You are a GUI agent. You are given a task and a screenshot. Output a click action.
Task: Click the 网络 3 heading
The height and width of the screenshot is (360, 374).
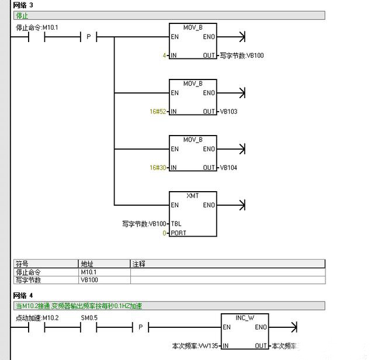(x=24, y=5)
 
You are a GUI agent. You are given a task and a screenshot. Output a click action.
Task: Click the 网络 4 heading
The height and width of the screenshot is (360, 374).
(x=24, y=296)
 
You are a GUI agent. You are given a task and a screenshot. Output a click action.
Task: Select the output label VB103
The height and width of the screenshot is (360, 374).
(x=228, y=112)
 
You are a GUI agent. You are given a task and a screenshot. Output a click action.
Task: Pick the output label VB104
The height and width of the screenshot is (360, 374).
(x=228, y=168)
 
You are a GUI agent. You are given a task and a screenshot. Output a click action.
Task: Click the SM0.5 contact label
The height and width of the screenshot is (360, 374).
(x=89, y=318)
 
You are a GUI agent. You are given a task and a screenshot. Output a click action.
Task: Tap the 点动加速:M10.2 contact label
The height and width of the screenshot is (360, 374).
(x=36, y=318)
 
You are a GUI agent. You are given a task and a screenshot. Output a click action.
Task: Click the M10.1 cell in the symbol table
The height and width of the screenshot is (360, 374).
(x=89, y=272)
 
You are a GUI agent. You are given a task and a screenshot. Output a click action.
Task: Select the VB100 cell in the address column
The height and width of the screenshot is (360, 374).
(x=89, y=280)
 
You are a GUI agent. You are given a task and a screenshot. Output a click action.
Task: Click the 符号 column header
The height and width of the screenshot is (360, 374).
(x=22, y=264)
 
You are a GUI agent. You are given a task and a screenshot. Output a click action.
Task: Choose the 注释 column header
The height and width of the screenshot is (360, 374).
(x=138, y=264)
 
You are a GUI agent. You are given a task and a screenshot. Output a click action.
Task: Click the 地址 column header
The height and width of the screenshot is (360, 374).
(x=87, y=264)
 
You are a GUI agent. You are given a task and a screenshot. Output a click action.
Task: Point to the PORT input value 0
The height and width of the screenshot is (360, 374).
(x=165, y=233)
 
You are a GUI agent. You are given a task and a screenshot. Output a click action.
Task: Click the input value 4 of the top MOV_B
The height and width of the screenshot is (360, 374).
(x=165, y=56)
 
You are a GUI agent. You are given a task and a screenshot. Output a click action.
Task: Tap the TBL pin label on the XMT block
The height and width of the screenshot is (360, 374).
(x=176, y=224)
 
